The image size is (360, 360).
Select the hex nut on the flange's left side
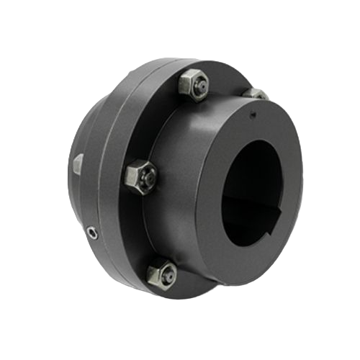[x=138, y=175]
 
